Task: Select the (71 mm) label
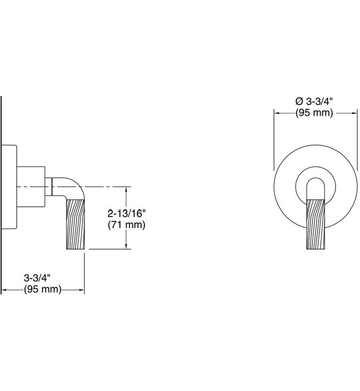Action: pos(126,225)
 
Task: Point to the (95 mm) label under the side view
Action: pos(42,289)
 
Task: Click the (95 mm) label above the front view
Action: pos(314,112)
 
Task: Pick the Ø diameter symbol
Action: pos(299,101)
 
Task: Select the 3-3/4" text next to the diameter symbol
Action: pos(321,101)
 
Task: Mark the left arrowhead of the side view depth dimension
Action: pos(4,290)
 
